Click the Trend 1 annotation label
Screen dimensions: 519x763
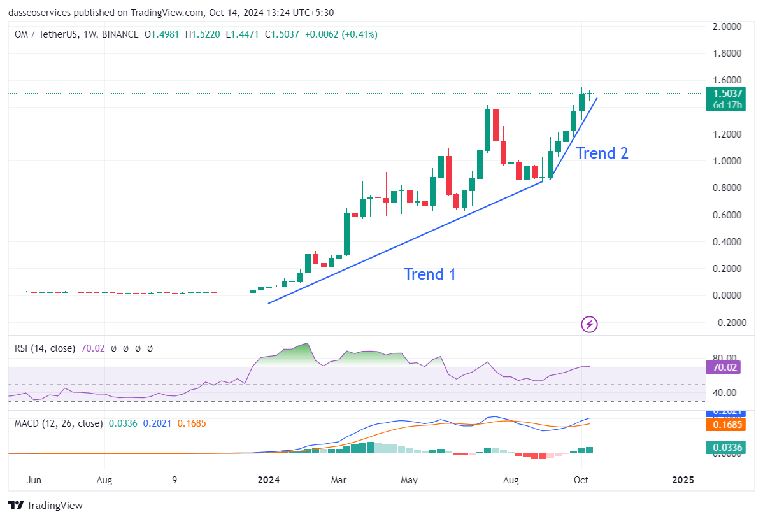430,274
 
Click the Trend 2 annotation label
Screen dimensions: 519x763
602,153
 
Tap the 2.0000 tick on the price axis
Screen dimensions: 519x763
726,27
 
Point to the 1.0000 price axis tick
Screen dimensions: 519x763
726,161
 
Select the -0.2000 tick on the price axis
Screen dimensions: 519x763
724,322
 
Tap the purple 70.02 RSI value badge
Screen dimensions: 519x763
725,367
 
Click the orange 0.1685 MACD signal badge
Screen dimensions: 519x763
725,425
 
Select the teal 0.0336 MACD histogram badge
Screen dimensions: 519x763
725,448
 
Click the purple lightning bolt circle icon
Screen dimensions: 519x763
590,324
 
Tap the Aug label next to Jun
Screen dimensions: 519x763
105,480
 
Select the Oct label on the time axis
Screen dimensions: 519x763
581,480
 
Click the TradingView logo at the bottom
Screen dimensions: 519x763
46,505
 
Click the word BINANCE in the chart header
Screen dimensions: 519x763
120,34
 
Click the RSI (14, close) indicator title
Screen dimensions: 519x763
45,348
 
